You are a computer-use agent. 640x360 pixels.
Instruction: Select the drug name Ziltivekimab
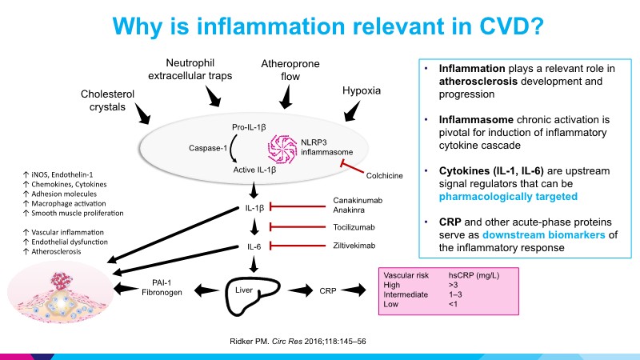pos(354,246)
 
